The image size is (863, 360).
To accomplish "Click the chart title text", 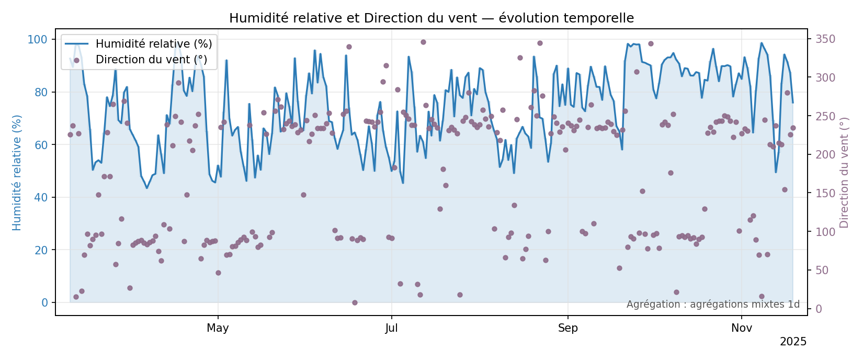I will (x=432, y=18).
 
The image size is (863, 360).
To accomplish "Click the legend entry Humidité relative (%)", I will (x=153, y=43).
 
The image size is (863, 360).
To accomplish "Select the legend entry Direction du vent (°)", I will (x=151, y=60).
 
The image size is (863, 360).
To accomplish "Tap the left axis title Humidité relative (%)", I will (x=17, y=172).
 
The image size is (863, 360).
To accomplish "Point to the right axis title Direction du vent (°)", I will (x=844, y=172).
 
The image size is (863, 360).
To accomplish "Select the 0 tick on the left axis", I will (x=44, y=303).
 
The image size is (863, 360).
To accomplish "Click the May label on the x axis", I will (x=218, y=329).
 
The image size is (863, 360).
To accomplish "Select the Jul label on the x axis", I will (x=391, y=329).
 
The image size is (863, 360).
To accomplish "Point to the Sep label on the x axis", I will (x=567, y=329).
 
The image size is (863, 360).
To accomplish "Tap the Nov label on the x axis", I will (x=742, y=329).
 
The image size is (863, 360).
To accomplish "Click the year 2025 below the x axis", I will (x=793, y=342).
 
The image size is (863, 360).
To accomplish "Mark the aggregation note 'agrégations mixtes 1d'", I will (x=713, y=305).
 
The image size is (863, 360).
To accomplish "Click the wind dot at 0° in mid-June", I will (x=355, y=302).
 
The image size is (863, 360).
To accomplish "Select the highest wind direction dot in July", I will (x=423, y=42).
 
